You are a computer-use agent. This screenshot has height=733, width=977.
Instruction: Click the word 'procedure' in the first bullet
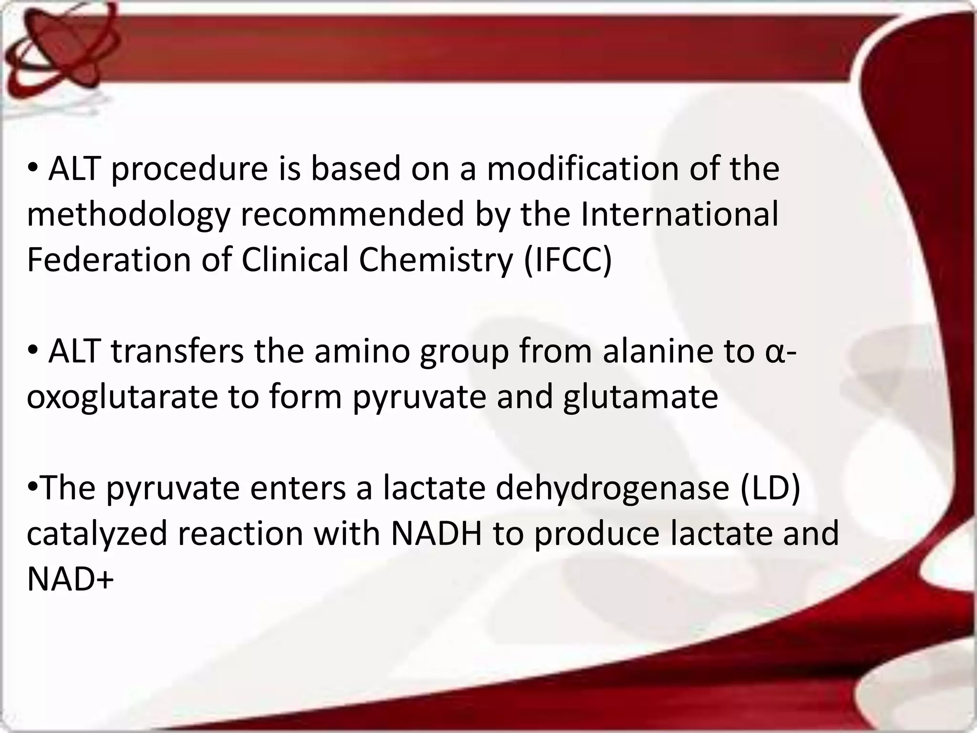189,169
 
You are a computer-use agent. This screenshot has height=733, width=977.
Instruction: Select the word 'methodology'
128,215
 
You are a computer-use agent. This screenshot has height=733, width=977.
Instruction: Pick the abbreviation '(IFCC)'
567,260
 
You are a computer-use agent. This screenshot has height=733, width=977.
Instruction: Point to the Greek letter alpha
776,352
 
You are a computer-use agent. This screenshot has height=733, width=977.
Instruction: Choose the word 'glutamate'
640,397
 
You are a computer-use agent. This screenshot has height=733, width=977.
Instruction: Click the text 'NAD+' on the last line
70,578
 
